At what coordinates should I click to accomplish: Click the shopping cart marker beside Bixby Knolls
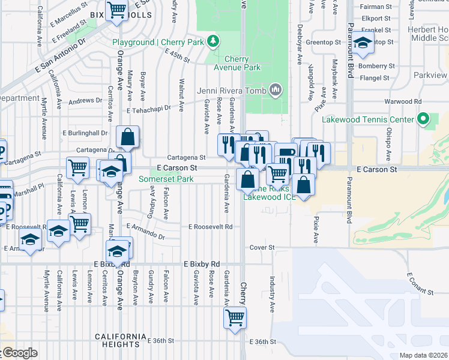click(x=116, y=10)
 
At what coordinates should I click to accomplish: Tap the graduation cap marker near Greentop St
click(x=362, y=43)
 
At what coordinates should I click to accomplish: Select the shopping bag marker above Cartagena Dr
click(x=128, y=137)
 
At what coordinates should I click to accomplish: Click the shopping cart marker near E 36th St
click(x=235, y=317)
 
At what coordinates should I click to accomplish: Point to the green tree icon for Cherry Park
click(x=212, y=40)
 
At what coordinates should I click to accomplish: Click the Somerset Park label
click(x=166, y=179)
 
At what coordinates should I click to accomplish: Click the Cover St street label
click(x=262, y=247)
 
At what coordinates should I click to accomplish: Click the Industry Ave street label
click(x=272, y=294)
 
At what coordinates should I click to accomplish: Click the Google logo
click(x=19, y=353)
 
